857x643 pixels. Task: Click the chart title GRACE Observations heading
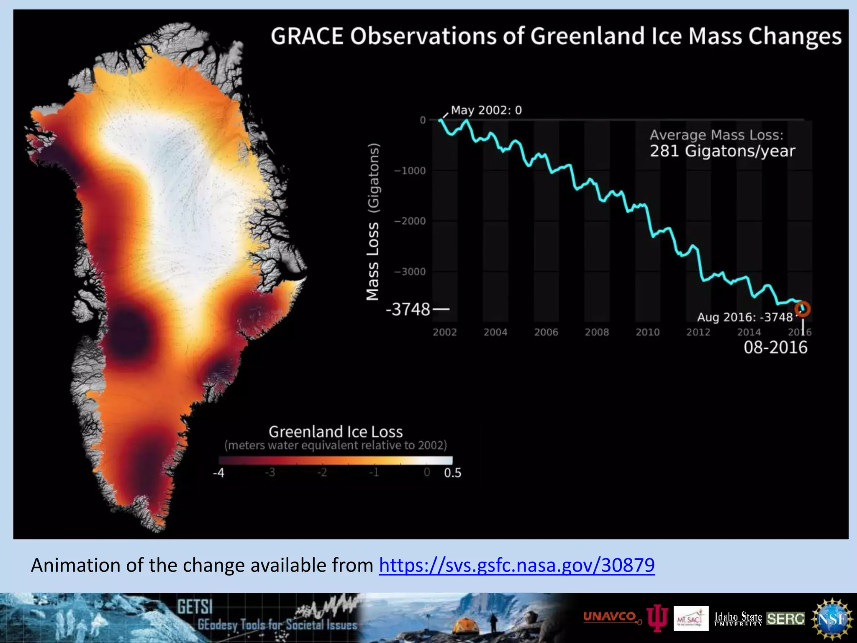coord(556,36)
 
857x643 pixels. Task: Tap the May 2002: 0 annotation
coord(486,110)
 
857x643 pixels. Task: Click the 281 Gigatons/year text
coord(722,151)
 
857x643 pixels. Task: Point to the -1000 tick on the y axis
coord(410,171)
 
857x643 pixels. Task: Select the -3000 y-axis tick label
coord(410,272)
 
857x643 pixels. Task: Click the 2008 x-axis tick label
coord(597,332)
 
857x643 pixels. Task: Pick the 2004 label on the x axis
coord(495,332)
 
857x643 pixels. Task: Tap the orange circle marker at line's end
coord(803,309)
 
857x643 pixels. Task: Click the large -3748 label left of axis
coord(408,310)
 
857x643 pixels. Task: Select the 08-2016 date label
coord(775,348)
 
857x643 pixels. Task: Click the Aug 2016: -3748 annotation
coord(745,317)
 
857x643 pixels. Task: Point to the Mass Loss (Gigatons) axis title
coord(373,222)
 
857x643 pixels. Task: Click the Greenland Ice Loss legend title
coord(336,432)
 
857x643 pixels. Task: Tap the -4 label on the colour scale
coord(219,473)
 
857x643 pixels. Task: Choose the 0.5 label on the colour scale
coord(452,473)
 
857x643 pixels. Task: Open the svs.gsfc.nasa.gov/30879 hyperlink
coord(517,565)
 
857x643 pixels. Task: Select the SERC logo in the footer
coord(785,619)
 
